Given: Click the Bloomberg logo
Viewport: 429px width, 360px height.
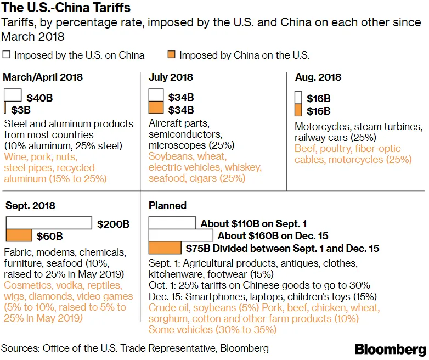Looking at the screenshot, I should pyautogui.click(x=390, y=349).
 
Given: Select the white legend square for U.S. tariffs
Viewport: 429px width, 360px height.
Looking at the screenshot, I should pyautogui.click(x=7, y=55).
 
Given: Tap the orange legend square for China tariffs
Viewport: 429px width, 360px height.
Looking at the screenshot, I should pyautogui.click(x=171, y=55).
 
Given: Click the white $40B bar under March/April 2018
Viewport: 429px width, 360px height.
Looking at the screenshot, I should pyautogui.click(x=13, y=94).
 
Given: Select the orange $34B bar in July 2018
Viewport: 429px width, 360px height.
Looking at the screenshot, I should pyautogui.click(x=156, y=108).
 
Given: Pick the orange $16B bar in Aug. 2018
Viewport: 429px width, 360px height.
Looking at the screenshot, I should pyautogui.click(x=298, y=111).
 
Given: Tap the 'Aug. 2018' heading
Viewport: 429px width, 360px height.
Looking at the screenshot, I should pyautogui.click(x=318, y=77).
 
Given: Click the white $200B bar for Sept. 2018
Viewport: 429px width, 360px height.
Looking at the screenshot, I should pyautogui.click(x=48, y=223).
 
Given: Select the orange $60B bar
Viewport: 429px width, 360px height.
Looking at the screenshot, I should pyautogui.click(x=19, y=235).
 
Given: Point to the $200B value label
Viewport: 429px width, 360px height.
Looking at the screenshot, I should pyautogui.click(x=113, y=224).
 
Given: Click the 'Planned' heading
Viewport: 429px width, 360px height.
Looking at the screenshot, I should pyautogui.click(x=167, y=206).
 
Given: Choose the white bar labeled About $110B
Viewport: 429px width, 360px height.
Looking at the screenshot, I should pyautogui.click(x=172, y=223).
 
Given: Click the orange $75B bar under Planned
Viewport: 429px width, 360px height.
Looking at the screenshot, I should pyautogui.click(x=165, y=248).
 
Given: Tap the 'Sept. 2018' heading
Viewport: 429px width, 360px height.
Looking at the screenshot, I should pyautogui.click(x=30, y=206).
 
